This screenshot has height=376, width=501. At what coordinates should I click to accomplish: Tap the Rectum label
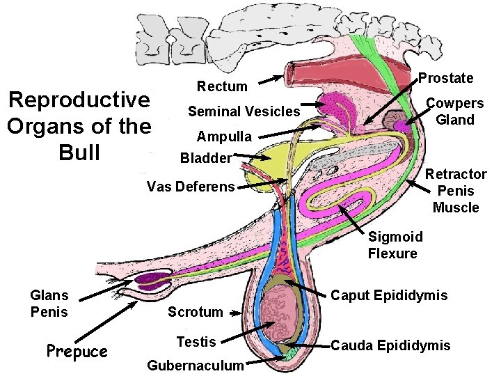point(222,86)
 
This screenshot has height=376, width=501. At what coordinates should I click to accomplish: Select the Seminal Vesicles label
point(244,111)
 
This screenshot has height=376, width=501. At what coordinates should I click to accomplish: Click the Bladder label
point(205,158)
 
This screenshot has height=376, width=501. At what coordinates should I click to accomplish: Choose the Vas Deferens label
point(191,187)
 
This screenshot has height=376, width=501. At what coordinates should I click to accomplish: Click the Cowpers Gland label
point(455,111)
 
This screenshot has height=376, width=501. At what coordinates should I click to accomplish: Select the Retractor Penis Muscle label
point(456,191)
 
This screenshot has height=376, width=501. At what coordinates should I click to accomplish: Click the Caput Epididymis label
point(389,296)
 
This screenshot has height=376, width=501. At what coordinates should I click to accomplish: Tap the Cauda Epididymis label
point(390,345)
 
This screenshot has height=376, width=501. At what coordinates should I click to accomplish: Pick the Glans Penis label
point(49,303)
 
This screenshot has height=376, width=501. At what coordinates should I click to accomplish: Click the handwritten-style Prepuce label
point(77,351)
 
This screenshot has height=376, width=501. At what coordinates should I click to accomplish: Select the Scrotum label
point(195,312)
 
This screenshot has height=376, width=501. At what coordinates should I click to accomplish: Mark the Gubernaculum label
point(196,366)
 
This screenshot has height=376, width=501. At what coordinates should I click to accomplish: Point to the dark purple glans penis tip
point(150,282)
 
